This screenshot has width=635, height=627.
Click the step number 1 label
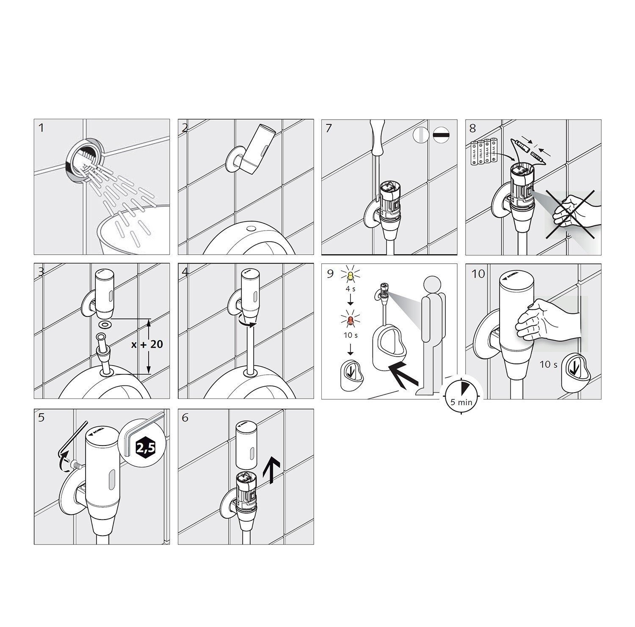tap(41, 127)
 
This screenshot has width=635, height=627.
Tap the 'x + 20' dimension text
tap(147, 344)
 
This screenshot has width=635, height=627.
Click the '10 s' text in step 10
tap(548, 364)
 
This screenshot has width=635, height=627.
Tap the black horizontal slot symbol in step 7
tap(442, 135)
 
